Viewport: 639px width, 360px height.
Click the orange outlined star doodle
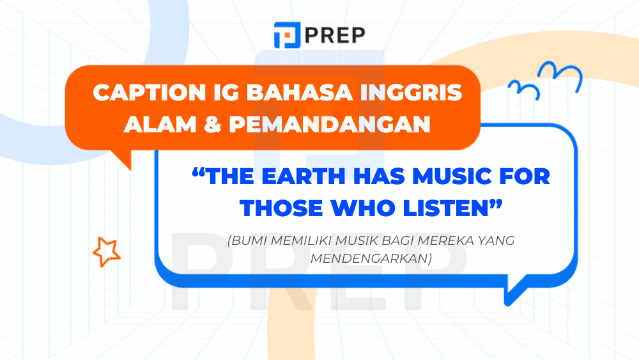pyautogui.click(x=106, y=251)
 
